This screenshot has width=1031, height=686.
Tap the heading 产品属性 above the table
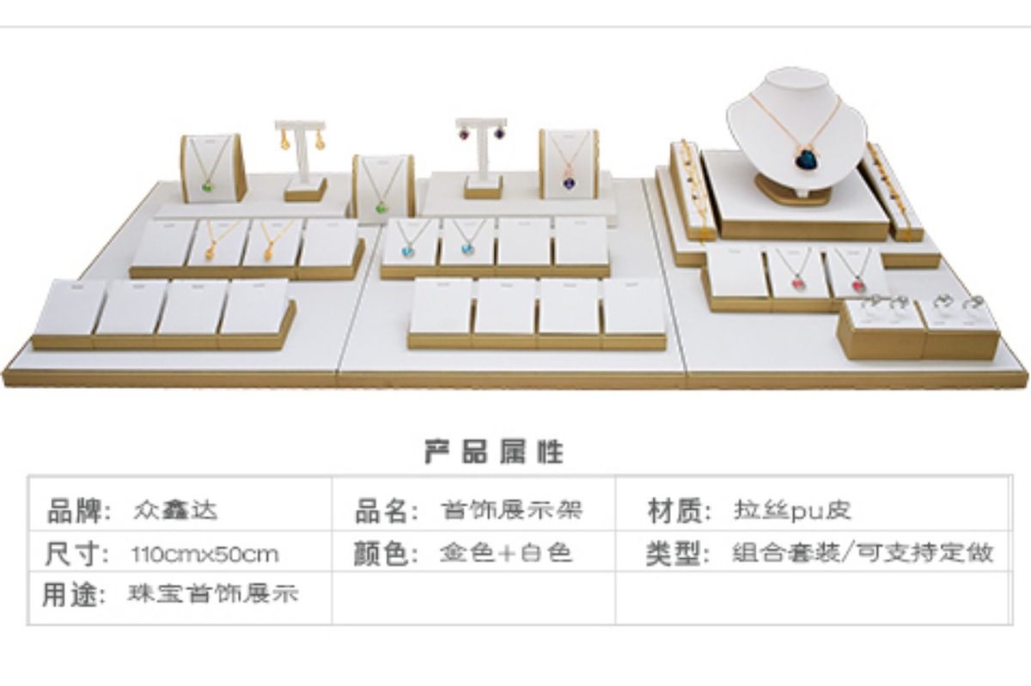[x=494, y=451]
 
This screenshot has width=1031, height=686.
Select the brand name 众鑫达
[x=175, y=510]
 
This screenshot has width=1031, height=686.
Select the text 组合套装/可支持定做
[x=862, y=552]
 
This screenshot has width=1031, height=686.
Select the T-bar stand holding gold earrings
[x=302, y=155]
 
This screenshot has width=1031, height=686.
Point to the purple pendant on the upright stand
[x=570, y=181]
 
